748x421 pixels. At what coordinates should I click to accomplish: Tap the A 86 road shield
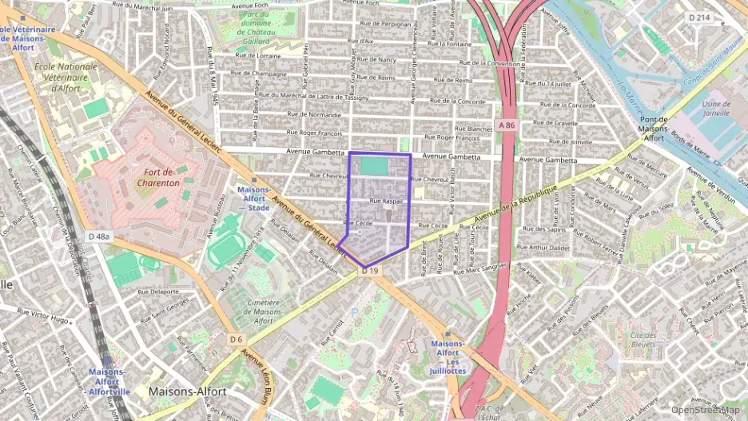(x=505, y=125)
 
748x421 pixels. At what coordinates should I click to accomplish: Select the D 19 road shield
(x=368, y=272)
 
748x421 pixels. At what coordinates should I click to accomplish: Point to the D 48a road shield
(x=98, y=236)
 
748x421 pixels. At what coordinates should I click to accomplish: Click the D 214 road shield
(x=700, y=17)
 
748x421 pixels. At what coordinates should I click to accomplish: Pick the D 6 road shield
(x=236, y=340)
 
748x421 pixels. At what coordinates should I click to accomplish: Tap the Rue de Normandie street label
(x=314, y=115)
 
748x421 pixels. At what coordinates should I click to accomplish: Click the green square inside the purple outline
(x=373, y=165)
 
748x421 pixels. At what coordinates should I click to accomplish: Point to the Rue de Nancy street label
(x=376, y=60)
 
